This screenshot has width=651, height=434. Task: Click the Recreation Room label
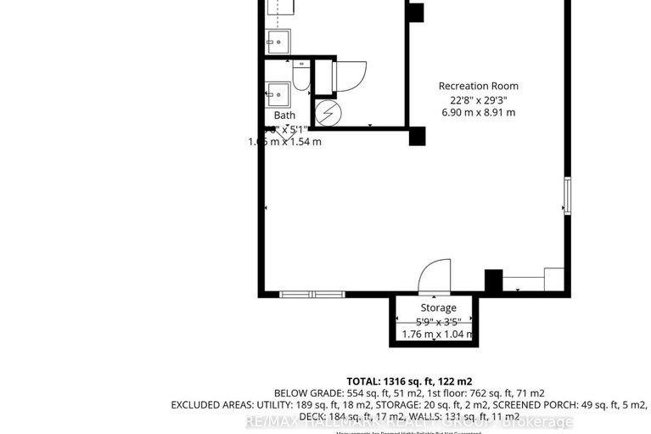point(478,86)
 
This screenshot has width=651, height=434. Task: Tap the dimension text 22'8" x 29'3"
point(478,99)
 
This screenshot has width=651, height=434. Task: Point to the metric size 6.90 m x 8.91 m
point(478,112)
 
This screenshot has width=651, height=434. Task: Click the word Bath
point(284,116)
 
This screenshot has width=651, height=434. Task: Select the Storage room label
point(438,307)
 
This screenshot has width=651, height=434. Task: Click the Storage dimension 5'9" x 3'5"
point(438,321)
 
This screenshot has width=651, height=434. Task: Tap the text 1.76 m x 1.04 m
point(438,335)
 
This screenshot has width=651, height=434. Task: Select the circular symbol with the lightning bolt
point(328,112)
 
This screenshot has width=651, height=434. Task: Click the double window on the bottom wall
point(312,295)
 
